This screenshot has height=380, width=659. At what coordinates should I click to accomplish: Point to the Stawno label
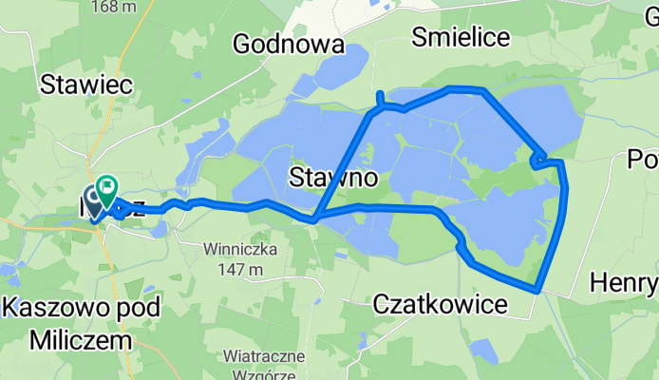pos(332,178)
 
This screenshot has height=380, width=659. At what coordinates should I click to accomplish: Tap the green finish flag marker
pos(105,185)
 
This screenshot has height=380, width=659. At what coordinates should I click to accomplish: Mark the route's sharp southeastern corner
pos(537,289)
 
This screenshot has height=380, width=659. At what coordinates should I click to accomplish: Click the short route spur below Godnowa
pos(380,99)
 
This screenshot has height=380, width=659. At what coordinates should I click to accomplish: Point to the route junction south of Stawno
pos(314,219)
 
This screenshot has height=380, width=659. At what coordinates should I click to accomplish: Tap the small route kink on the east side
pos(537,161)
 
